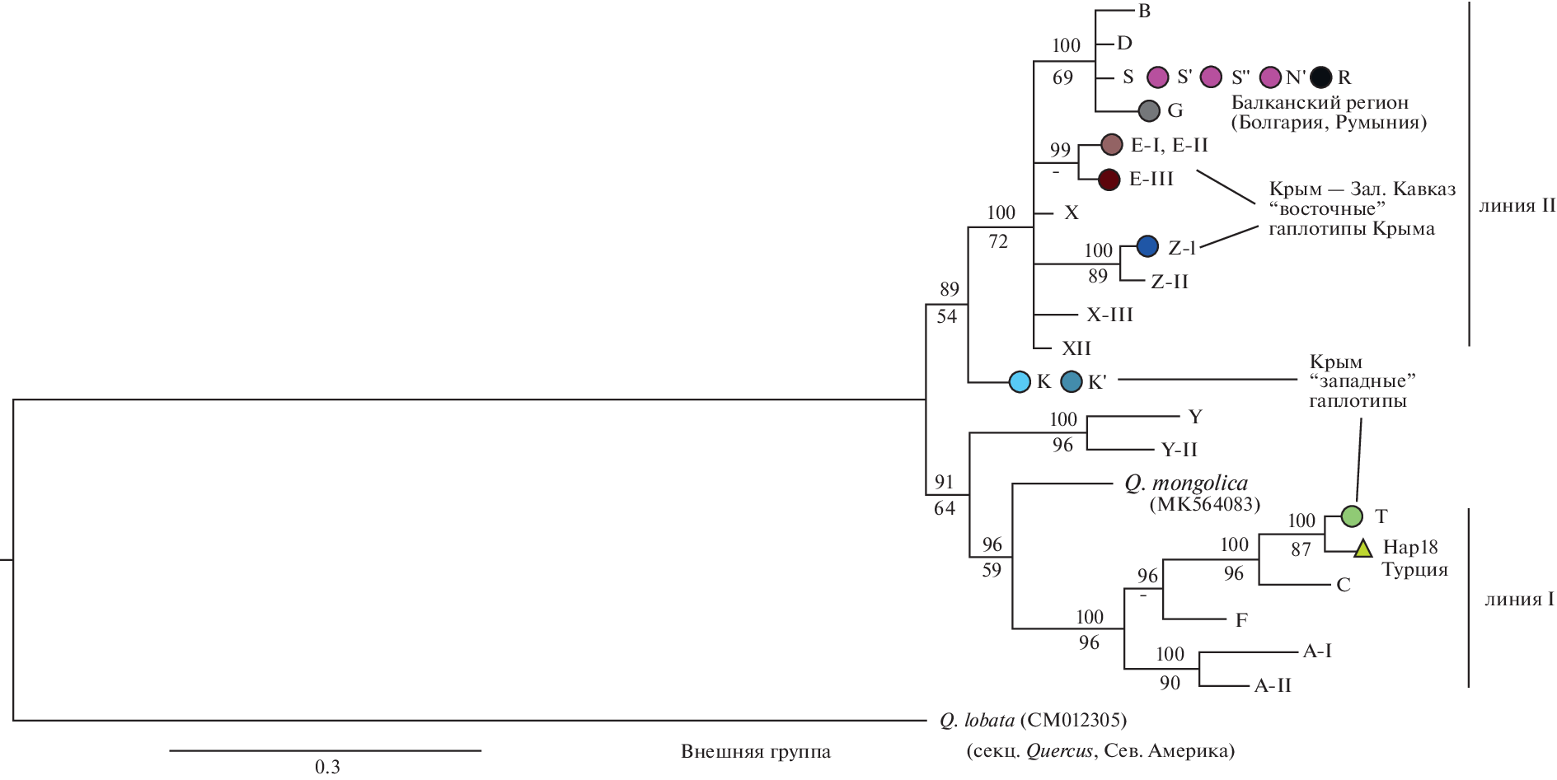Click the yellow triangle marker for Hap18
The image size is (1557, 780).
1362,549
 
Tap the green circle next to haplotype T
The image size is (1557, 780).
1352,516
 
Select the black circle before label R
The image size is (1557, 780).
1320,77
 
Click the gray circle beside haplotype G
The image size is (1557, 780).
1149,110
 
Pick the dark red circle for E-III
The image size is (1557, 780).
1109,180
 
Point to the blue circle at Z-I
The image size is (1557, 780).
1147,245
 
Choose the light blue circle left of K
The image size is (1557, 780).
1020,381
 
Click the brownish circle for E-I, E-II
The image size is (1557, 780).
1112,145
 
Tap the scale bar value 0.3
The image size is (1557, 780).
327,767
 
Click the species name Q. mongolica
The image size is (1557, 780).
1186,483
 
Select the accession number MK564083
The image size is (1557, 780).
1204,504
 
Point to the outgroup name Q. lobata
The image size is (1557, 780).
977,721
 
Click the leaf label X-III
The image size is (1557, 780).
1109,315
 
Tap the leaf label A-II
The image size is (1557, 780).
1272,685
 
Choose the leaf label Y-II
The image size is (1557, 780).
1179,450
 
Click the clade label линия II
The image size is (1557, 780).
1516,206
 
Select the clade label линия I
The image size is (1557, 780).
1518,600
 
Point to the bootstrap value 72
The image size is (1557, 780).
998,241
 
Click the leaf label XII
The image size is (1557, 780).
1076,348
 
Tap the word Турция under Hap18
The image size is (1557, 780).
1414,570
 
